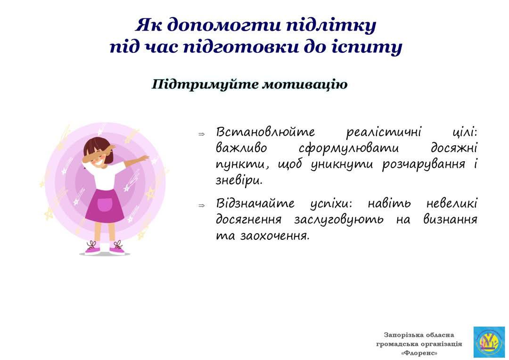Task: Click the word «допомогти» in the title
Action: click(224, 25)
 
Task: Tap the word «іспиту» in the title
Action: click(367, 47)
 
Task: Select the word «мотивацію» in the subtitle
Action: click(304, 84)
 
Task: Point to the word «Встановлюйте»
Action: click(265, 132)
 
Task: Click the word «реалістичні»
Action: click(384, 132)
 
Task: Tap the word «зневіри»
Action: click(239, 180)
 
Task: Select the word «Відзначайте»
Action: click(255, 204)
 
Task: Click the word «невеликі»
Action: click(452, 204)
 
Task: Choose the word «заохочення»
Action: click(275, 235)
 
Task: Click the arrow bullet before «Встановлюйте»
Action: click(202, 134)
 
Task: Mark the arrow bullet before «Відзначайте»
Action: click(202, 205)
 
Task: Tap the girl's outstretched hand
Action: click(144, 158)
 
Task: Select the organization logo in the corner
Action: click(489, 342)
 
